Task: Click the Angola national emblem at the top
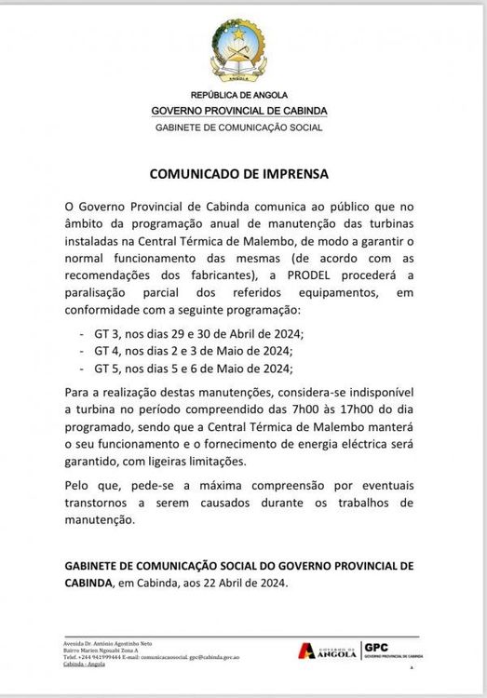point(239,52)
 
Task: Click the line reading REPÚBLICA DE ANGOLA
point(239,96)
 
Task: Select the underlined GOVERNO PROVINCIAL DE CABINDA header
point(239,111)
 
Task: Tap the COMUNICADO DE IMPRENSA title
point(239,173)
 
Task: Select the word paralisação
point(101,292)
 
